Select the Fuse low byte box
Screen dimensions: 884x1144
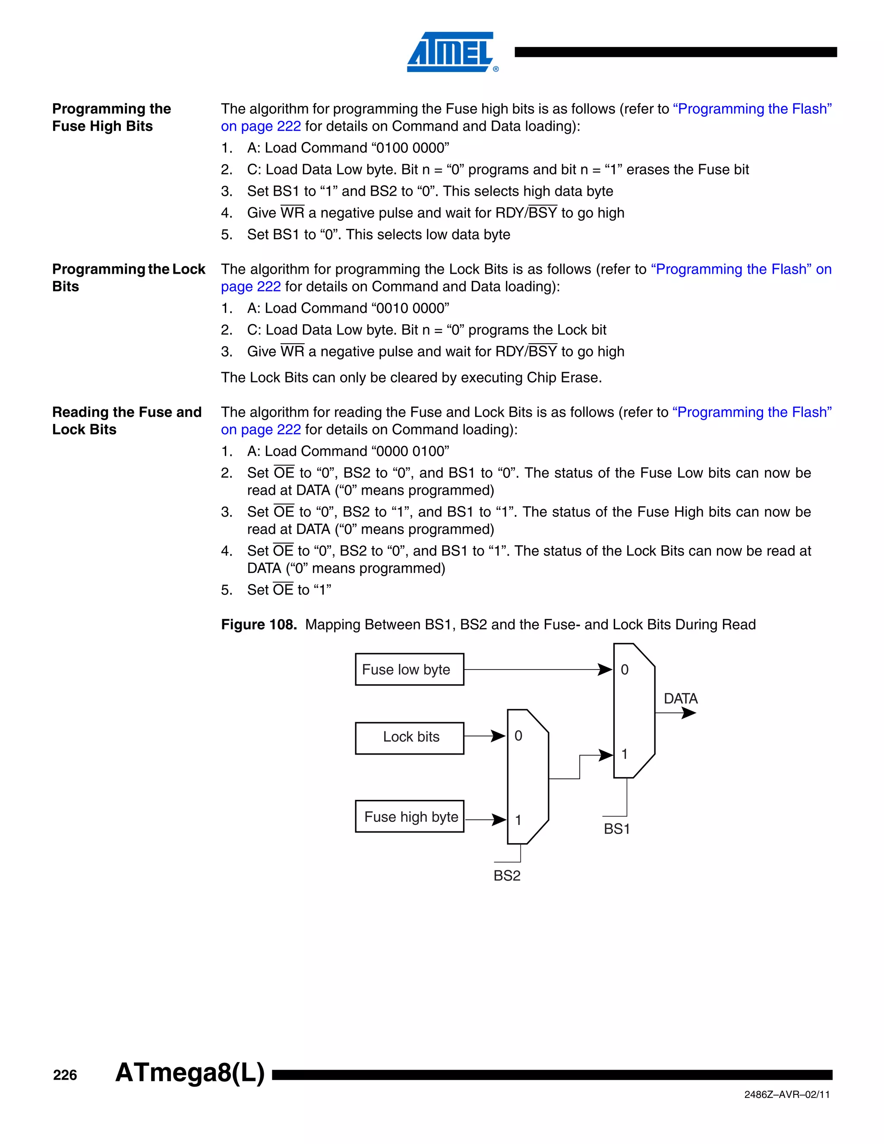409,670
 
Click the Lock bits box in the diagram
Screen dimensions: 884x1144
409,737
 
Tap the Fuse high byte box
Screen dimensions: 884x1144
409,817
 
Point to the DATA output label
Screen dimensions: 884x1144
680,699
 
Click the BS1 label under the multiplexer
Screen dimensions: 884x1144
616,829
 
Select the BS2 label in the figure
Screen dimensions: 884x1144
506,876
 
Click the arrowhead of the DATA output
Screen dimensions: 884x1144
689,713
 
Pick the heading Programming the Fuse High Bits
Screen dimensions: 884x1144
111,117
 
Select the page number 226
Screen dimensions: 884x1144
65,1075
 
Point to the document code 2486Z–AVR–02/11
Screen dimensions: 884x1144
786,1095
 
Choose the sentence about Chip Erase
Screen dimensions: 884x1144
411,378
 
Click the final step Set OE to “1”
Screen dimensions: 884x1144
289,590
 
